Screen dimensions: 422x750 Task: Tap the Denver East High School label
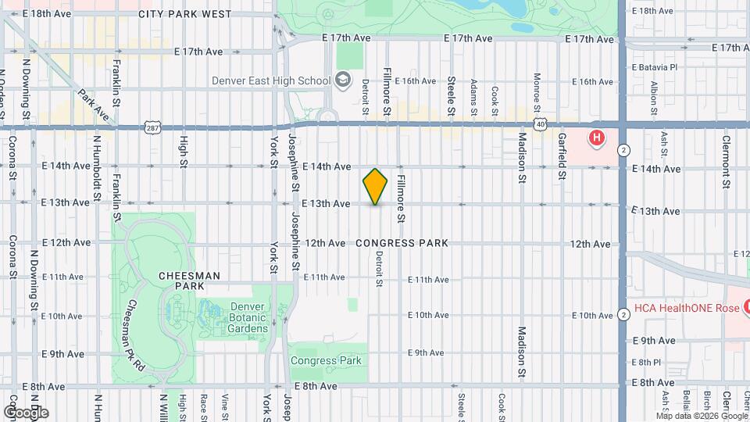(271, 80)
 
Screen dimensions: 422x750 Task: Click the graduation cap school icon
(342, 80)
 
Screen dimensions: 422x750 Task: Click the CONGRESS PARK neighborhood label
(402, 243)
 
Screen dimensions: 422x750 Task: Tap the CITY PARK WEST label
(184, 14)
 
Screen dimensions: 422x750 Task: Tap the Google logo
(26, 412)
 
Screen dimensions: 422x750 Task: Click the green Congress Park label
(326, 360)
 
